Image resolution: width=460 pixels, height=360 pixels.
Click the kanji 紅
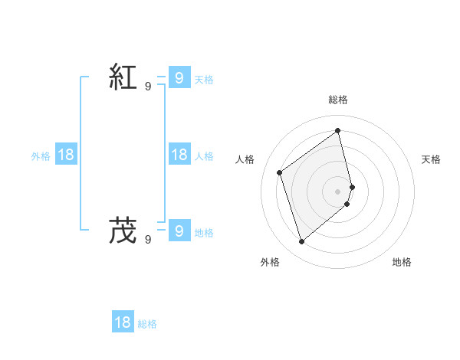pyautogui.click(x=123, y=77)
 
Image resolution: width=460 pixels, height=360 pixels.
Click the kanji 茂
pyautogui.click(x=123, y=231)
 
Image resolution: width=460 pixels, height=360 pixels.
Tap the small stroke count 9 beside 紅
pyautogui.click(x=148, y=87)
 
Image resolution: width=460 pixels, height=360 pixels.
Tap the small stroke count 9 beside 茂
pyautogui.click(x=148, y=240)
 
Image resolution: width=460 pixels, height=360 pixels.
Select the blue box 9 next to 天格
pyautogui.click(x=179, y=77)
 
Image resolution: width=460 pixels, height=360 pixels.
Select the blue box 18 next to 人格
pyautogui.click(x=179, y=155)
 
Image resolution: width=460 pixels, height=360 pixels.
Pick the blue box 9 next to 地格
pyautogui.click(x=179, y=231)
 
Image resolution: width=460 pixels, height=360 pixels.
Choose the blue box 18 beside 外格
pyautogui.click(x=66, y=155)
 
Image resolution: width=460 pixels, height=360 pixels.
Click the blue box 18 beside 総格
pyautogui.click(x=123, y=322)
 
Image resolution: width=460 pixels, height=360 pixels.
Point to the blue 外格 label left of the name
pyautogui.click(x=41, y=156)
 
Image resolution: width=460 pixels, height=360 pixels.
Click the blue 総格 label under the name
pyautogui.click(x=147, y=324)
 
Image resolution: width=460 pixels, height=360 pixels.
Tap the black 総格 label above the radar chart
pyautogui.click(x=338, y=100)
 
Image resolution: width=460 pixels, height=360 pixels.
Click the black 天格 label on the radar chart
pyautogui.click(x=431, y=159)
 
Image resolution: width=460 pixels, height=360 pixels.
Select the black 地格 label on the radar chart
pyautogui.click(x=402, y=262)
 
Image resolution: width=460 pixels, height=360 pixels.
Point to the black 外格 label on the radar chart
pyautogui.click(x=270, y=262)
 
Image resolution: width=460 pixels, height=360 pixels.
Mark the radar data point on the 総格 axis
pyautogui.click(x=338, y=130)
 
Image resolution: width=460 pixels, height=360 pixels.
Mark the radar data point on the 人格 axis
pyautogui.click(x=280, y=172)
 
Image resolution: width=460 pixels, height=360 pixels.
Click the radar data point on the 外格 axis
pyautogui.click(x=301, y=242)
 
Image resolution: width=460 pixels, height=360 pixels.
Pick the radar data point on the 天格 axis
pyautogui.click(x=352, y=187)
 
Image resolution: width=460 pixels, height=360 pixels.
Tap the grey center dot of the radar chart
pyautogui.click(x=338, y=191)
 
